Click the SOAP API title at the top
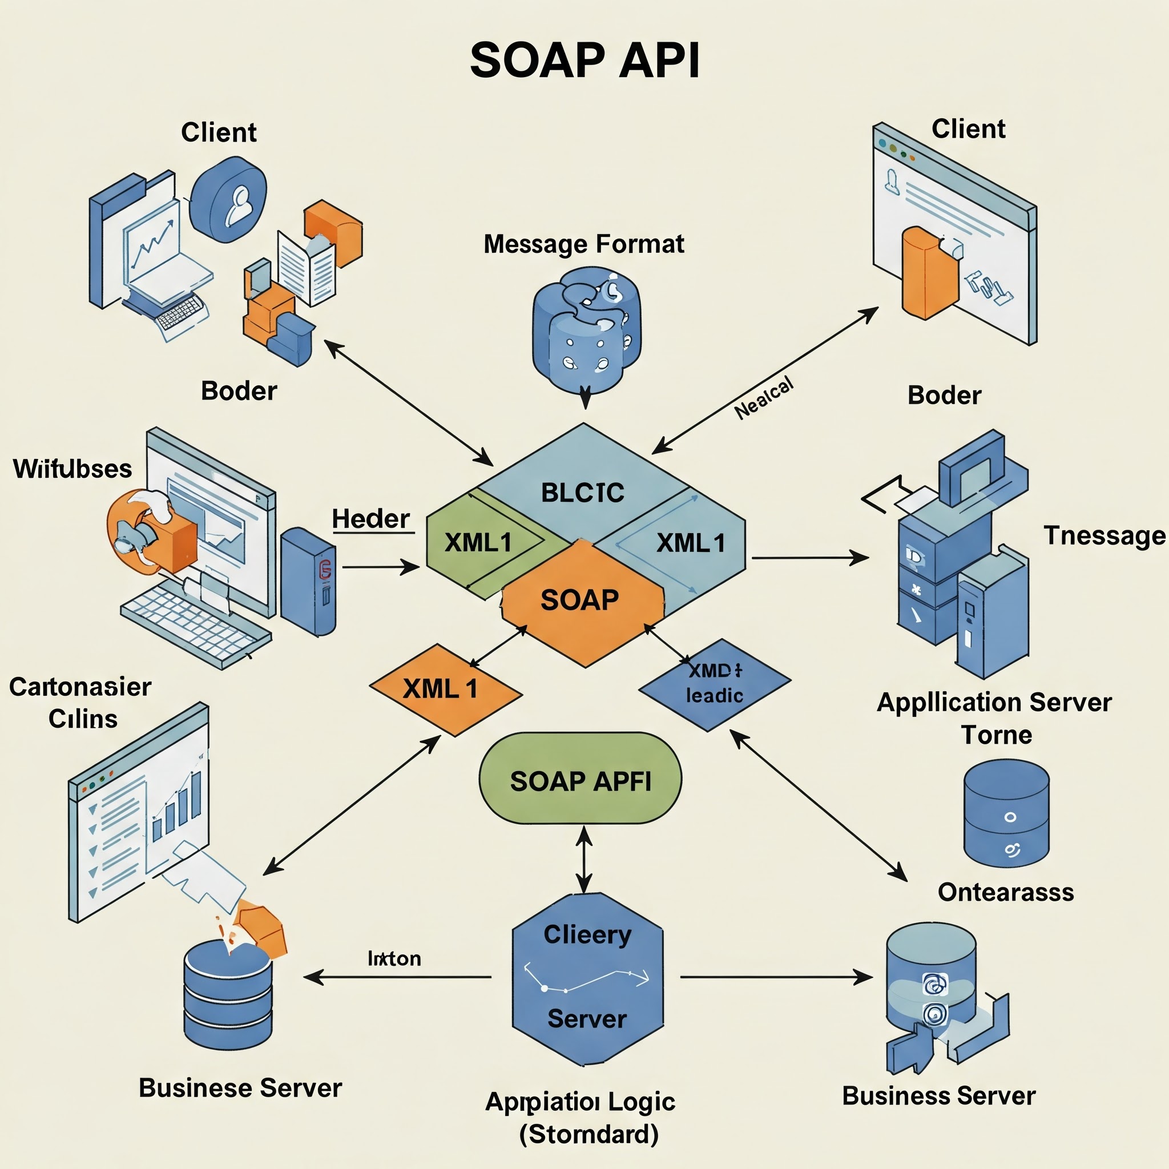584,61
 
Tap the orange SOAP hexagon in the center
580,600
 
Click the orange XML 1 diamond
442,689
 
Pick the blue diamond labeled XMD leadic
714,684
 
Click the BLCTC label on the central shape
582,493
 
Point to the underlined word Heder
371,519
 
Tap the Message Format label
583,244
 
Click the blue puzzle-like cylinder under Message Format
585,330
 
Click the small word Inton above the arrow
394,958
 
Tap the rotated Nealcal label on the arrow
764,399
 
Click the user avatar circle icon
229,200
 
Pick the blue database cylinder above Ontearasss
1005,814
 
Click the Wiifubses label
72,469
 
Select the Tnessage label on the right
1104,536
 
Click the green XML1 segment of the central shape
478,543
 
